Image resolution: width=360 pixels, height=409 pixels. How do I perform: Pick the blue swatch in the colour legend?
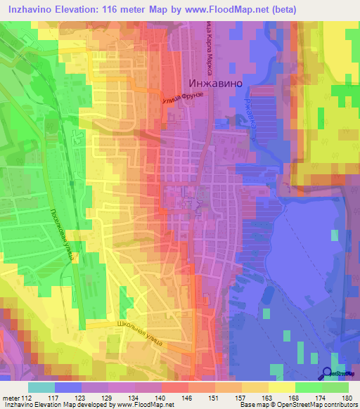[67, 387]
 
